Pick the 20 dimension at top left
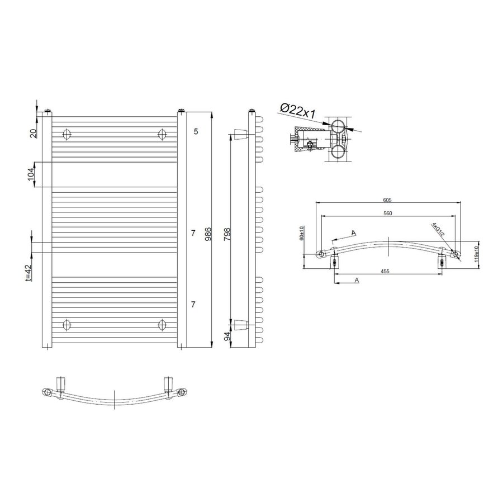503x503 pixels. [33, 132]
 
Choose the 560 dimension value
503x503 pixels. [387, 213]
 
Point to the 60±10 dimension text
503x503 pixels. [302, 233]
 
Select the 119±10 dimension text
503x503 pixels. [476, 253]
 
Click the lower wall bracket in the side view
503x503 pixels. [239, 325]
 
